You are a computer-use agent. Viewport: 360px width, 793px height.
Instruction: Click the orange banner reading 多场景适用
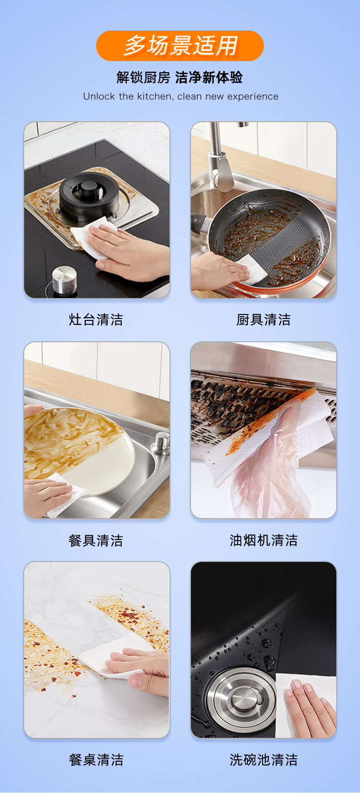coord(180,46)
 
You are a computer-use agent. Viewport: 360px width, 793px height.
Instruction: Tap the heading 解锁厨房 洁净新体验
coord(180,77)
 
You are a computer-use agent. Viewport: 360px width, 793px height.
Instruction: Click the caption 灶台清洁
coord(96,319)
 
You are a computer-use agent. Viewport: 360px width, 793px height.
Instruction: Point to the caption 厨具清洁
coord(263,319)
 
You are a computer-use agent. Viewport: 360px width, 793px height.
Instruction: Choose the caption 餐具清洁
coord(96,541)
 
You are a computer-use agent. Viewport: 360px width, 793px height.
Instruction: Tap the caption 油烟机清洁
coord(263,541)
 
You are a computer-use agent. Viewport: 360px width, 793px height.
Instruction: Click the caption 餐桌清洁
coord(96,760)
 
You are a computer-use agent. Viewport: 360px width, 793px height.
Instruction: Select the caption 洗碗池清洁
coord(263,760)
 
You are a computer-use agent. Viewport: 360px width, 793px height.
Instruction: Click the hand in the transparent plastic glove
coord(269,460)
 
